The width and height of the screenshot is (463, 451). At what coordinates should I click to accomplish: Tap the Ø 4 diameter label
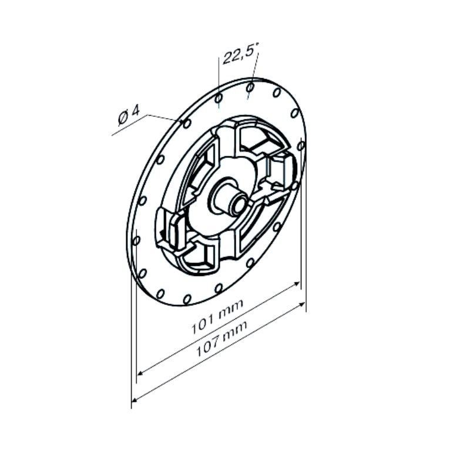click(x=129, y=116)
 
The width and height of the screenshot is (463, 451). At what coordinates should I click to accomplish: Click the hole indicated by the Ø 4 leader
click(x=187, y=123)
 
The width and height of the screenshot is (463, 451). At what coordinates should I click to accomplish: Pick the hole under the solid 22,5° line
click(x=219, y=97)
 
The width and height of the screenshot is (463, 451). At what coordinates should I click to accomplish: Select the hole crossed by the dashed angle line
click(x=250, y=87)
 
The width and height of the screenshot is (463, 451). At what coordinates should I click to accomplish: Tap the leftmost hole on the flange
click(x=136, y=240)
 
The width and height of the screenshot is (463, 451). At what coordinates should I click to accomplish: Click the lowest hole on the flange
click(x=187, y=299)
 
